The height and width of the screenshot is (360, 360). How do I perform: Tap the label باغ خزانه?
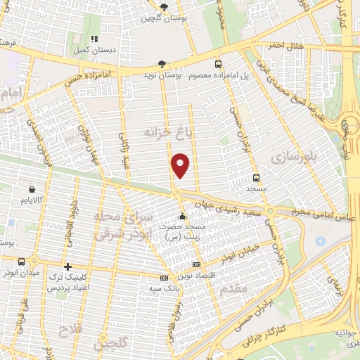pos(148,131)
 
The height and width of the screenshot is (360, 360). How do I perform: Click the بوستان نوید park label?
pos(186,73)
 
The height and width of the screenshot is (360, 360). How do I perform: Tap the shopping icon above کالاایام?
pos(32,189)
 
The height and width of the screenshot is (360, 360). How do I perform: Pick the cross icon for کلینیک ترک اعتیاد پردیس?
pos(67,266)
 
